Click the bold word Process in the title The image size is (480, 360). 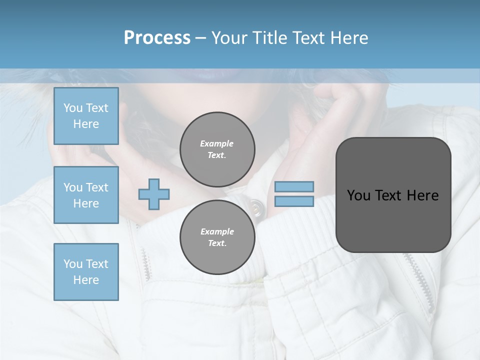click(157, 38)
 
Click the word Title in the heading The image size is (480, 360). click(269, 38)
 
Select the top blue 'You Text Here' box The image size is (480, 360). click(86, 116)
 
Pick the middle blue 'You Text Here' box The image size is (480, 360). click(86, 195)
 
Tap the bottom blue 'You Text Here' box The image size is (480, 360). click(86, 272)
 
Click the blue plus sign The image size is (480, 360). click(154, 194)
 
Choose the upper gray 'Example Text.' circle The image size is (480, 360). click(217, 149)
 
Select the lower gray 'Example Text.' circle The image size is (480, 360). click(217, 237)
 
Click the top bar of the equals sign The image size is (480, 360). click(294, 186)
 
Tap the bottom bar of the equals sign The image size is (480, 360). click(294, 201)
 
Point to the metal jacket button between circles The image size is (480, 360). click(256, 206)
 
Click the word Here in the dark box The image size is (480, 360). click(423, 195)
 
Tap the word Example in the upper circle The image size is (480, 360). click(217, 143)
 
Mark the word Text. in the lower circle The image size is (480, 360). click(217, 243)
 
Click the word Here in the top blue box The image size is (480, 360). click(86, 124)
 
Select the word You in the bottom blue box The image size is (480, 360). click(73, 264)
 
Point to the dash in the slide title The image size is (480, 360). click(201, 38)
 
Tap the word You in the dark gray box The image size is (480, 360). click(358, 195)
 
